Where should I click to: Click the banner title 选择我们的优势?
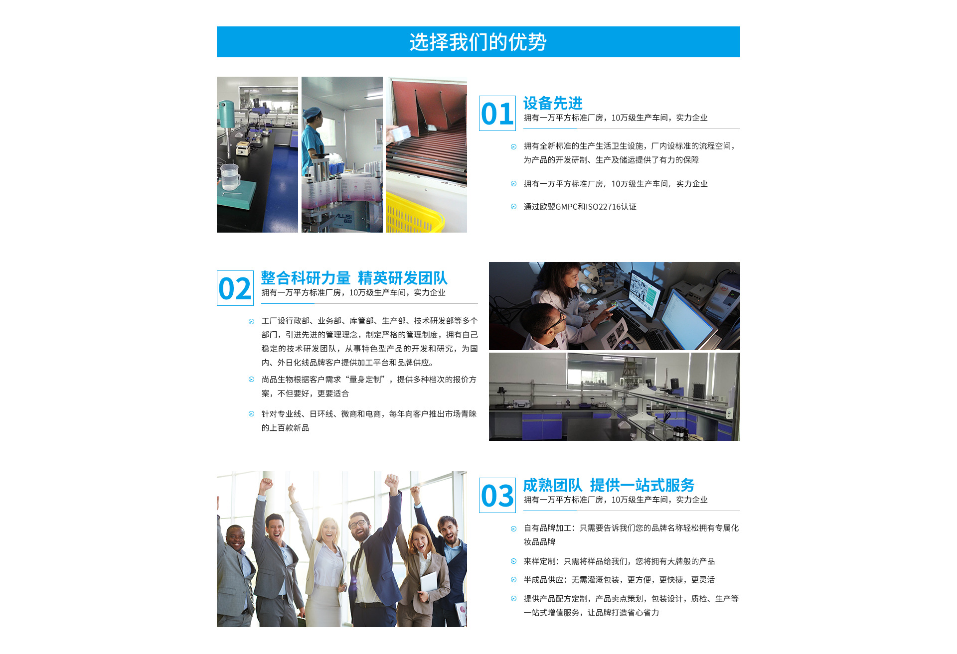click(x=478, y=42)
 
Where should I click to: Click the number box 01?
click(x=497, y=114)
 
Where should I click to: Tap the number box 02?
click(x=235, y=288)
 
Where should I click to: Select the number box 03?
click(x=497, y=496)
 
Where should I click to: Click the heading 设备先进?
click(x=553, y=103)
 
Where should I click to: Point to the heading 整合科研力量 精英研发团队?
click(x=354, y=278)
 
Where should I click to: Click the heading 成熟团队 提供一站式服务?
click(x=609, y=485)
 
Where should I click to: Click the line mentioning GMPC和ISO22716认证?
click(x=580, y=207)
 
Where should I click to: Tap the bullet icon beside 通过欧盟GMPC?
click(x=513, y=207)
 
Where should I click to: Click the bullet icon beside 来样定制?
click(x=513, y=561)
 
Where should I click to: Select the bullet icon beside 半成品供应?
click(x=513, y=580)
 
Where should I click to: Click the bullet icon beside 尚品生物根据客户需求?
click(x=251, y=380)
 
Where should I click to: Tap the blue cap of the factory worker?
click(x=312, y=113)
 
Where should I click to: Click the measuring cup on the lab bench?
click(x=230, y=177)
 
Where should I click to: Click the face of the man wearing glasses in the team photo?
click(x=359, y=527)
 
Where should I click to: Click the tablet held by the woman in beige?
click(x=428, y=583)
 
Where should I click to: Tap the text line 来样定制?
click(x=619, y=561)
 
